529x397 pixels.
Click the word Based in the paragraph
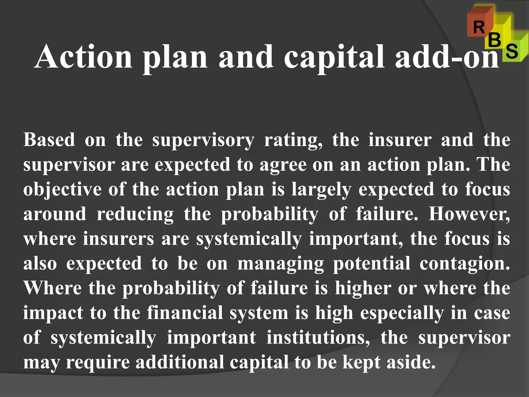[49, 140]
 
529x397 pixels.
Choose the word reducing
[135, 214]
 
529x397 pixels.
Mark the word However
[469, 214]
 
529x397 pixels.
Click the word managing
[281, 264]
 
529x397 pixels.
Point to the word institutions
[318, 338]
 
